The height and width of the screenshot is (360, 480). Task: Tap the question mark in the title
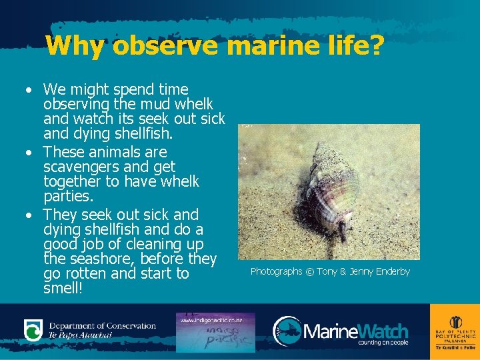point(375,47)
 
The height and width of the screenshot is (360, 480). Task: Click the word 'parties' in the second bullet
point(67,197)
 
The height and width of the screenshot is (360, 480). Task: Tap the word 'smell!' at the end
point(64,290)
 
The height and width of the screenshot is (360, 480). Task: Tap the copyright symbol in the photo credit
point(309,271)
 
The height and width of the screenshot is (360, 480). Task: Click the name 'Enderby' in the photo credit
point(389,271)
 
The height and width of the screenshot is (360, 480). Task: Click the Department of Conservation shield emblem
point(33,330)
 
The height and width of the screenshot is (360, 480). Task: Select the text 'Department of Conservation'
point(102,326)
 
